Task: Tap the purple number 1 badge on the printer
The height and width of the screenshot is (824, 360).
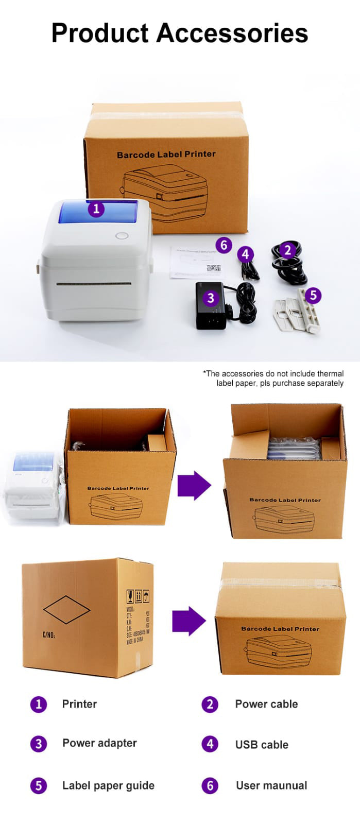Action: (x=96, y=209)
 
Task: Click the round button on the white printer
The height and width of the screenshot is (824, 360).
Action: (x=122, y=236)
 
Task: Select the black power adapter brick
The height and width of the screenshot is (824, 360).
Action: (x=211, y=306)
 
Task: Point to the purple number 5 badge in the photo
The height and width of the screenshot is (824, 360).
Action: (x=313, y=296)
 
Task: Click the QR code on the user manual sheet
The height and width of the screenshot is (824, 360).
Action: (x=213, y=268)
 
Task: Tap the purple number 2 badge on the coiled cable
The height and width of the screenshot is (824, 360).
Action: (x=287, y=250)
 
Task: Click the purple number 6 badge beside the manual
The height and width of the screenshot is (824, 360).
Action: (x=224, y=245)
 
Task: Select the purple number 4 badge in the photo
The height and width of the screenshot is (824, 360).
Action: (x=245, y=254)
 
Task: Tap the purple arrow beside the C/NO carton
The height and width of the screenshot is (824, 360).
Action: (x=188, y=621)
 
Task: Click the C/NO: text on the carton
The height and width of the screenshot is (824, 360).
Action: (x=49, y=635)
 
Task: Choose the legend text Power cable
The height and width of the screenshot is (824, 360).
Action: (x=266, y=704)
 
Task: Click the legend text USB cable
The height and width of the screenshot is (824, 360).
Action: (x=262, y=745)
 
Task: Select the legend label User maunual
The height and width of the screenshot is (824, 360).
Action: (x=271, y=785)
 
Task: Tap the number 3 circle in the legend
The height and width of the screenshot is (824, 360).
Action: (x=39, y=744)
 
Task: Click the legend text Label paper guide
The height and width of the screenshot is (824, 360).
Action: (x=108, y=785)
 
